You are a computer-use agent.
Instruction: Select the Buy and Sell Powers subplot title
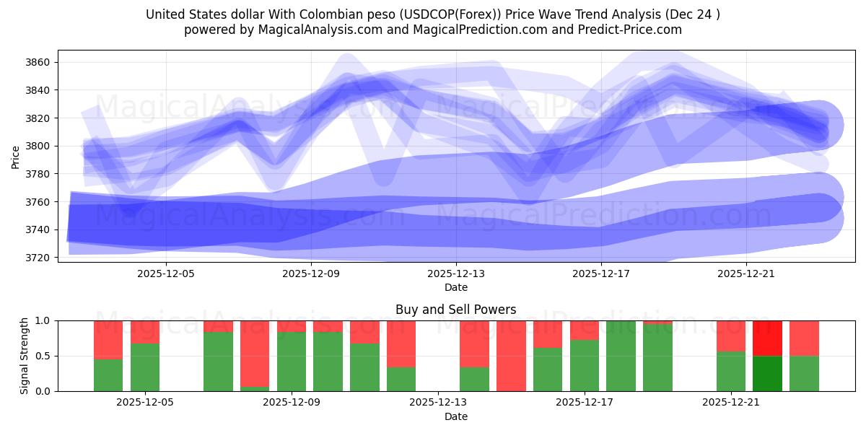click(455, 310)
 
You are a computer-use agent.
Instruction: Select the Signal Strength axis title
click(25, 356)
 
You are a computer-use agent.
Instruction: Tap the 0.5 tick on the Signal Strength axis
click(43, 356)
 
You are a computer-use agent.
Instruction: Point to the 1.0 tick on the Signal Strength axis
click(43, 320)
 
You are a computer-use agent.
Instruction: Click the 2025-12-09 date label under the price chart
click(310, 274)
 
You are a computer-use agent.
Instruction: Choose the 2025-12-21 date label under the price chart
click(745, 274)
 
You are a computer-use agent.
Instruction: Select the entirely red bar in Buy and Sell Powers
click(511, 356)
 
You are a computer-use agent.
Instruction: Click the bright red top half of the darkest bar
click(767, 338)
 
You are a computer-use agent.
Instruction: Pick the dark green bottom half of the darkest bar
click(767, 373)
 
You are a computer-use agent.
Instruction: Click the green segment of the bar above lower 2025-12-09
click(292, 361)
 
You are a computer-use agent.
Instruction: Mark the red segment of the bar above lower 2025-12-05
click(145, 331)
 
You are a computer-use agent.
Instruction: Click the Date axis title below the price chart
click(455, 288)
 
